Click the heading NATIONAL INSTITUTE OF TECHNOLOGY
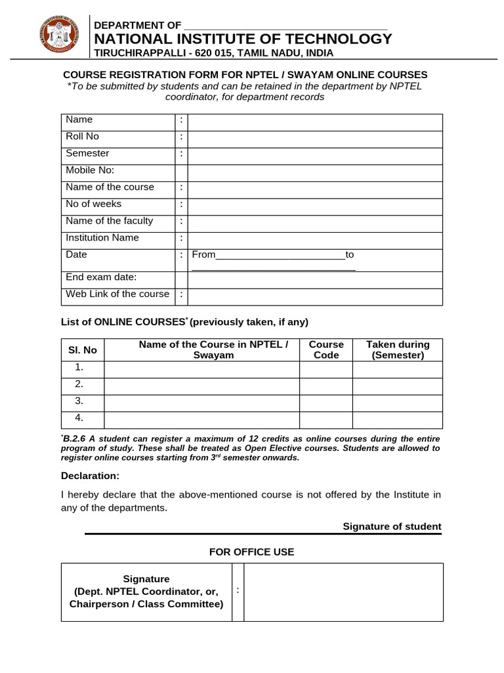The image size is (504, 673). point(243,39)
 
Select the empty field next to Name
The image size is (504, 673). point(315,122)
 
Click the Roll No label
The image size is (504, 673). point(82,136)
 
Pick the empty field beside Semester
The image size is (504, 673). point(315,156)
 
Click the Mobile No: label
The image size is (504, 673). point(90,170)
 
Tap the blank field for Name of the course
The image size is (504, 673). point(315,190)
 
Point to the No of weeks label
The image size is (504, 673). point(93,204)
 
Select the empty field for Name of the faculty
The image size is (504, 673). point(315,223)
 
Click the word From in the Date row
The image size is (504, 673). point(203,254)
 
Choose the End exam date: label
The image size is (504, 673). point(101,277)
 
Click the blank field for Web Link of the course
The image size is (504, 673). point(315,296)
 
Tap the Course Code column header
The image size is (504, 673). point(326,350)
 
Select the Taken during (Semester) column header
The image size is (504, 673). point(398,350)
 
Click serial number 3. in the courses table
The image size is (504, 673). point(79,400)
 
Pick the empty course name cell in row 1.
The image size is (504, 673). point(201,369)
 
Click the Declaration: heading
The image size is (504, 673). point(91,475)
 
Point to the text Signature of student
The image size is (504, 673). point(392,526)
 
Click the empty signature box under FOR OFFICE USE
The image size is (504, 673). point(343,592)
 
